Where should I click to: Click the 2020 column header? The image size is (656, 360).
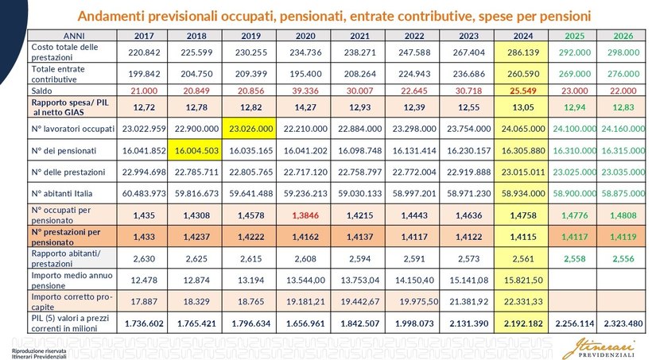(305, 36)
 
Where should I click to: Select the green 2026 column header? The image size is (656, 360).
(623, 36)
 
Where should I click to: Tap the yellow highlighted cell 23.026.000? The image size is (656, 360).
(252, 127)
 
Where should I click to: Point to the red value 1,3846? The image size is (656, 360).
(305, 214)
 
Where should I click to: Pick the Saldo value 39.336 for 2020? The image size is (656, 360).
(305, 91)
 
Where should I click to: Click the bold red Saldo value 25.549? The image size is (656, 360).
(518, 91)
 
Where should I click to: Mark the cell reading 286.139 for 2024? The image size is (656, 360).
(518, 52)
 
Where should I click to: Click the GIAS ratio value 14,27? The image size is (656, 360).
(305, 106)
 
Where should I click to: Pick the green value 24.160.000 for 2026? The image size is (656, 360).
(623, 127)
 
